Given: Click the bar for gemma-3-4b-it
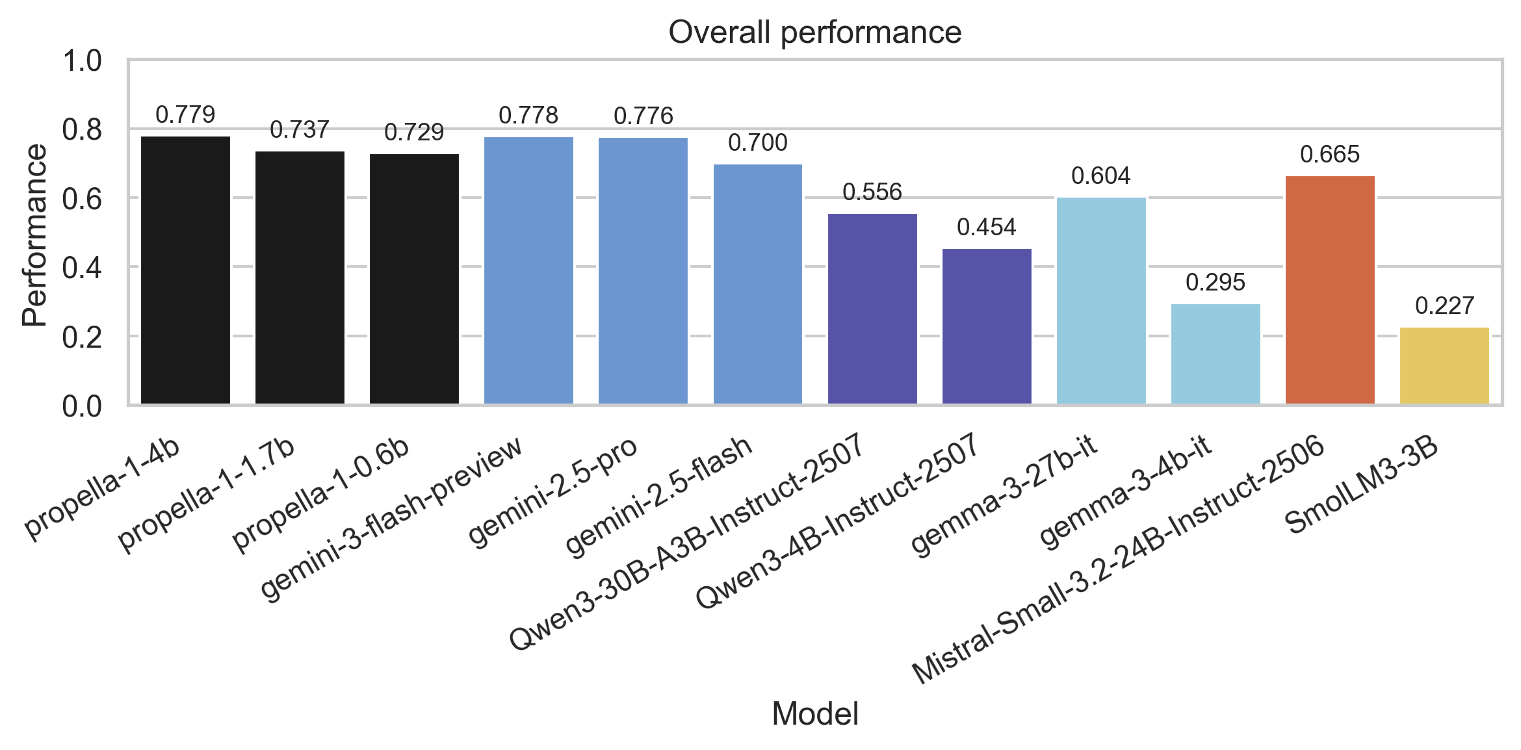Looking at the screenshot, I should click(x=1215, y=354).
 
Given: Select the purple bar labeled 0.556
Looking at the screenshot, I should click(x=872, y=309).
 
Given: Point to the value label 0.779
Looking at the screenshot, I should click(x=185, y=114).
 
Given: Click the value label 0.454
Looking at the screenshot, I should click(x=986, y=227).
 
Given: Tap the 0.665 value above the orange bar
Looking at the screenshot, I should click(x=1330, y=154).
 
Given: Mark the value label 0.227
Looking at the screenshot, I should click(x=1444, y=305).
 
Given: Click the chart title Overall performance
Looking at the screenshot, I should click(x=814, y=32).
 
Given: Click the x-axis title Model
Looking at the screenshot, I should click(x=814, y=714).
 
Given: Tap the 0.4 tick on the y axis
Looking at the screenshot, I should click(x=82, y=268).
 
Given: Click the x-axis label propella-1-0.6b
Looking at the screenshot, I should click(x=321, y=494).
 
